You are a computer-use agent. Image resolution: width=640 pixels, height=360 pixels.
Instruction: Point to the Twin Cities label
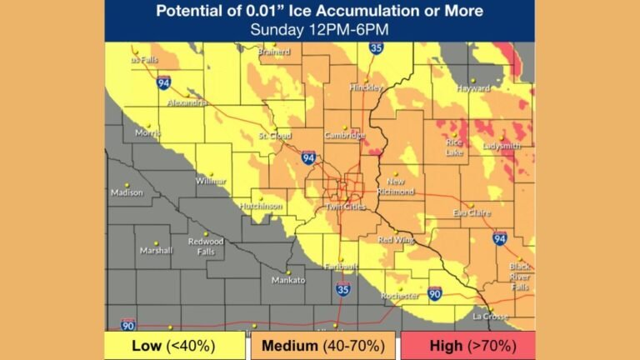346,206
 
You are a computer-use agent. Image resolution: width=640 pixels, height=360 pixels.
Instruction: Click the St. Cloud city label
274,135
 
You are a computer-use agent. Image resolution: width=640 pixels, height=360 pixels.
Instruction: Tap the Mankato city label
288,280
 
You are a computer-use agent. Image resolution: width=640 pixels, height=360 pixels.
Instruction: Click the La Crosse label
489,316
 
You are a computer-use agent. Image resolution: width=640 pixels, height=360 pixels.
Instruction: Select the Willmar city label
211,181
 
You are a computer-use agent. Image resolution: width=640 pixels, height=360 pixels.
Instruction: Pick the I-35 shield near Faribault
343,289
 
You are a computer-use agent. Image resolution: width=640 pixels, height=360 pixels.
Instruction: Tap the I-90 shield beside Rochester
435,292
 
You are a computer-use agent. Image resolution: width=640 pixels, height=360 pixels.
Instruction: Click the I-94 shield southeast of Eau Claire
499,238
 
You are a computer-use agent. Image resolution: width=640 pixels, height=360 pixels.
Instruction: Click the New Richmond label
396,187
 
